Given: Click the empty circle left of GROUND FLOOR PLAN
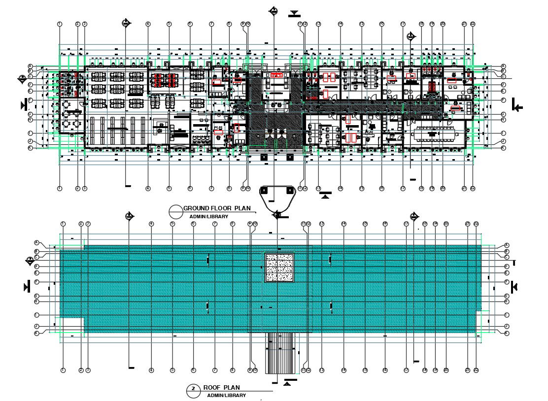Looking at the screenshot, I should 175,211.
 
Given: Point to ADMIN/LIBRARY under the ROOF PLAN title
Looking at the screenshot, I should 226,396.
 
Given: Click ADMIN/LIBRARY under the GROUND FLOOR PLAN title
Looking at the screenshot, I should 209,217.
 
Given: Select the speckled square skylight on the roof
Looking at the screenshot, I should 279,267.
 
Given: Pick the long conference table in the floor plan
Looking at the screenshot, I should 434,134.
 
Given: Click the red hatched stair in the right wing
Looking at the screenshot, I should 432,87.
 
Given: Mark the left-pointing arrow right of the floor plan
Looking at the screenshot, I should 517,105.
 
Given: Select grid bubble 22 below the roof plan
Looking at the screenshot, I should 476,370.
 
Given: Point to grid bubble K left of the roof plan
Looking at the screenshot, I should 36,334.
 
